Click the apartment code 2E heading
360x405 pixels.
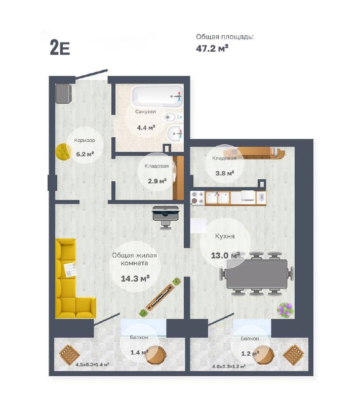60,48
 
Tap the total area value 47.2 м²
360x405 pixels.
212,48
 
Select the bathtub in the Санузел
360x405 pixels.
157,97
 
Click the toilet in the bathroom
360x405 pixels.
173,117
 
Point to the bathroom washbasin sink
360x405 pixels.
175,133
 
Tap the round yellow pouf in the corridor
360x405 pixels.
64,152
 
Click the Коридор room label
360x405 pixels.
85,140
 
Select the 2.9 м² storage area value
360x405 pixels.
157,181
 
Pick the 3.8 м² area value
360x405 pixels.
225,173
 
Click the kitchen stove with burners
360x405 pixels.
197,198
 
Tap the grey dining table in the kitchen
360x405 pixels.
257,274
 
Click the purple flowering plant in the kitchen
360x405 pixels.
286,310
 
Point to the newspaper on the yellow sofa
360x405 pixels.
70,270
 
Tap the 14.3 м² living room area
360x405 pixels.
135,278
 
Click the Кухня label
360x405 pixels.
225,236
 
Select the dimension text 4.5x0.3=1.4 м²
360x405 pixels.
92,364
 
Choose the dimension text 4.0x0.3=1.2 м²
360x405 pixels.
229,366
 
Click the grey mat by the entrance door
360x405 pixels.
63,94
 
